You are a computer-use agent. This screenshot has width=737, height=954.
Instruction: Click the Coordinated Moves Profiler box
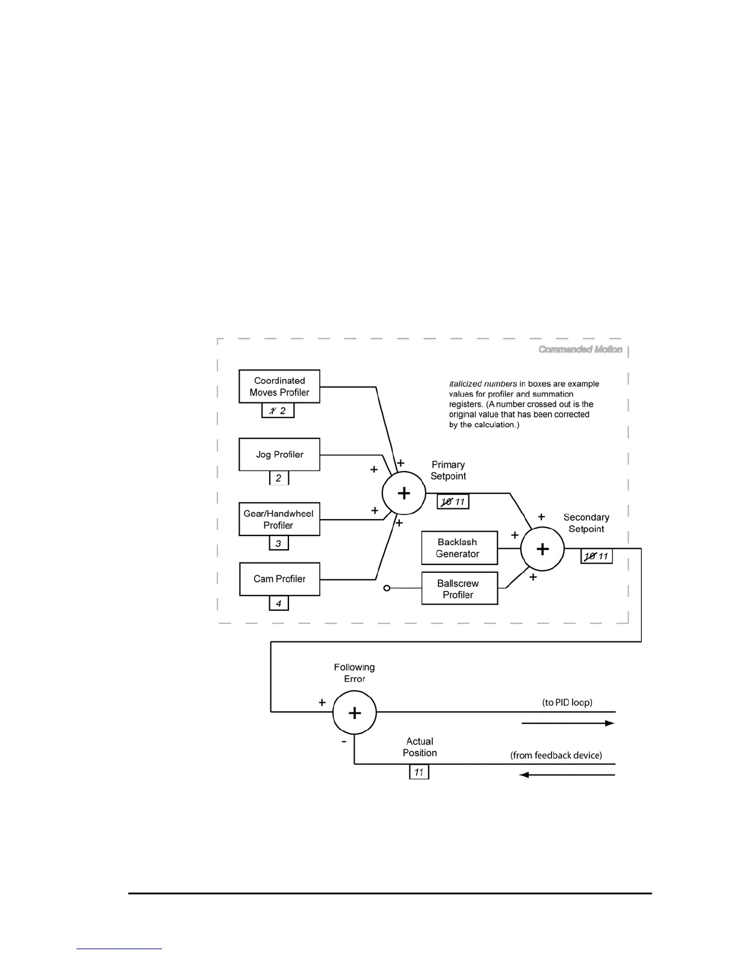coord(279,387)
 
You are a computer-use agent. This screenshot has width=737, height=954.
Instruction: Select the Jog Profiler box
coord(279,455)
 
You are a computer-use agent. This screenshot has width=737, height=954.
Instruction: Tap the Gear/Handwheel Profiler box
coord(279,519)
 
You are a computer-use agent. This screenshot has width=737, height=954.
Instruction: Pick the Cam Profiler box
coord(279,579)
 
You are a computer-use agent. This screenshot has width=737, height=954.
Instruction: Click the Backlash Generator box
coord(459,548)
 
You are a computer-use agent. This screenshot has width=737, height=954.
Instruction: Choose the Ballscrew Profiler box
coord(459,589)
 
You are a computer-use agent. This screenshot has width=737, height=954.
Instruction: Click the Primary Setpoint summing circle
coord(404,493)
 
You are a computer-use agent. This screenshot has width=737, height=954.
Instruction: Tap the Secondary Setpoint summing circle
coord(543,549)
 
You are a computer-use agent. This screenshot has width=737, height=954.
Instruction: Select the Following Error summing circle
coord(355,713)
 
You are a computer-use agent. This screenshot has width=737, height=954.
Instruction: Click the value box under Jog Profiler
coord(279,478)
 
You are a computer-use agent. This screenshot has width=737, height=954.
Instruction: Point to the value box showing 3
coord(279,543)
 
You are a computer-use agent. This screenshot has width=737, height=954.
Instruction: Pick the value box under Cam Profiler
coord(279,603)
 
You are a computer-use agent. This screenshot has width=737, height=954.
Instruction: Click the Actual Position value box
coord(419,772)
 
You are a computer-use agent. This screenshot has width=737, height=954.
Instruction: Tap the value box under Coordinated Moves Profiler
coord(278,411)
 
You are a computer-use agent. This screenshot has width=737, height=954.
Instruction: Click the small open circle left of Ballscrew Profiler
coord(387,588)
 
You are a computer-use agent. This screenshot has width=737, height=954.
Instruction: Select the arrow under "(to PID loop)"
coord(568,723)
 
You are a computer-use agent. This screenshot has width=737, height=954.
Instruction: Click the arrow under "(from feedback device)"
coord(567,775)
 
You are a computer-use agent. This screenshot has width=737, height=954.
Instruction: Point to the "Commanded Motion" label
coord(580,349)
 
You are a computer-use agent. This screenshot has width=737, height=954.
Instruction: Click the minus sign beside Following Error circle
coord(344,742)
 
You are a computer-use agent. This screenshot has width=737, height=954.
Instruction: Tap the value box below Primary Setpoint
coord(453,502)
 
